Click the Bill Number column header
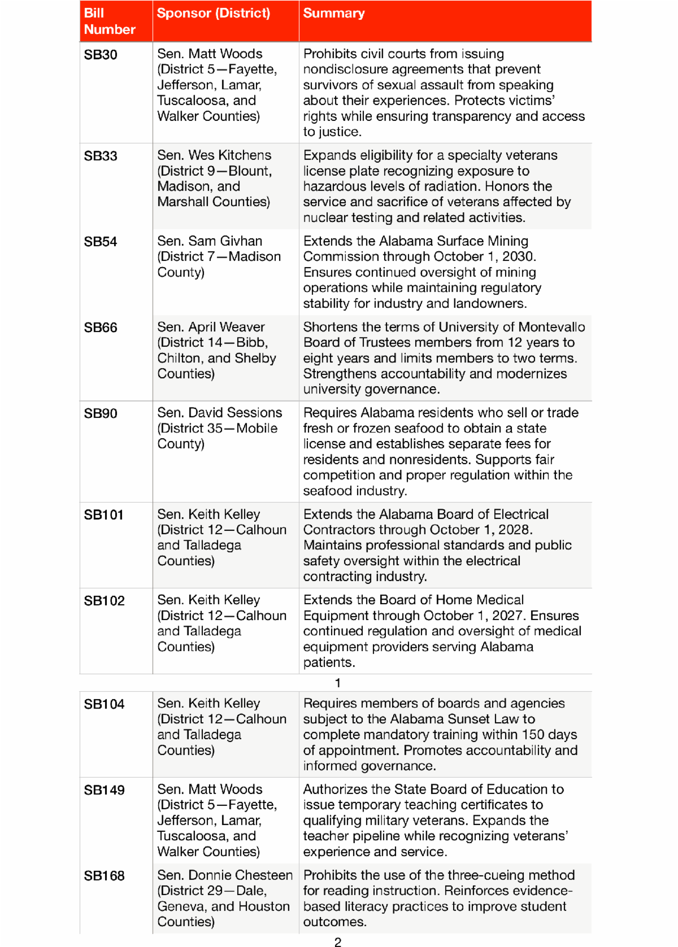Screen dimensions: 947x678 [110, 21]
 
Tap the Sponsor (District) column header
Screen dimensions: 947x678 [213, 13]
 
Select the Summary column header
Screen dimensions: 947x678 [334, 13]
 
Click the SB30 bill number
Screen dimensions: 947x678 [101, 55]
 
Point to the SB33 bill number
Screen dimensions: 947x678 [101, 156]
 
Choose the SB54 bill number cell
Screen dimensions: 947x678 [101, 242]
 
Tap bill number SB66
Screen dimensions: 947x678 [101, 328]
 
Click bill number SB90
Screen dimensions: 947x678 [101, 413]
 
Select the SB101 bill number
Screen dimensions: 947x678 [103, 515]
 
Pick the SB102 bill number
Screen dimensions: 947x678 [104, 601]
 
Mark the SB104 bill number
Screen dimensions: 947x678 [104, 704]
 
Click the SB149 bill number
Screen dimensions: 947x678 [104, 790]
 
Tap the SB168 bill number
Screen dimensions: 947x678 [104, 876]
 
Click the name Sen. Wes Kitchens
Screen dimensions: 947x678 [214, 155]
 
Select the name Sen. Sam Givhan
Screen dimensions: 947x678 [210, 241]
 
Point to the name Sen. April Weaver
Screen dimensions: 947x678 [211, 327]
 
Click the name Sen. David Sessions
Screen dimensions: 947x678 [219, 413]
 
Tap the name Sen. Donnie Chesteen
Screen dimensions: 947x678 [225, 875]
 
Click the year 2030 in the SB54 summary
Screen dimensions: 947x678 [518, 256]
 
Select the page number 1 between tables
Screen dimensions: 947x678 [337, 683]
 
